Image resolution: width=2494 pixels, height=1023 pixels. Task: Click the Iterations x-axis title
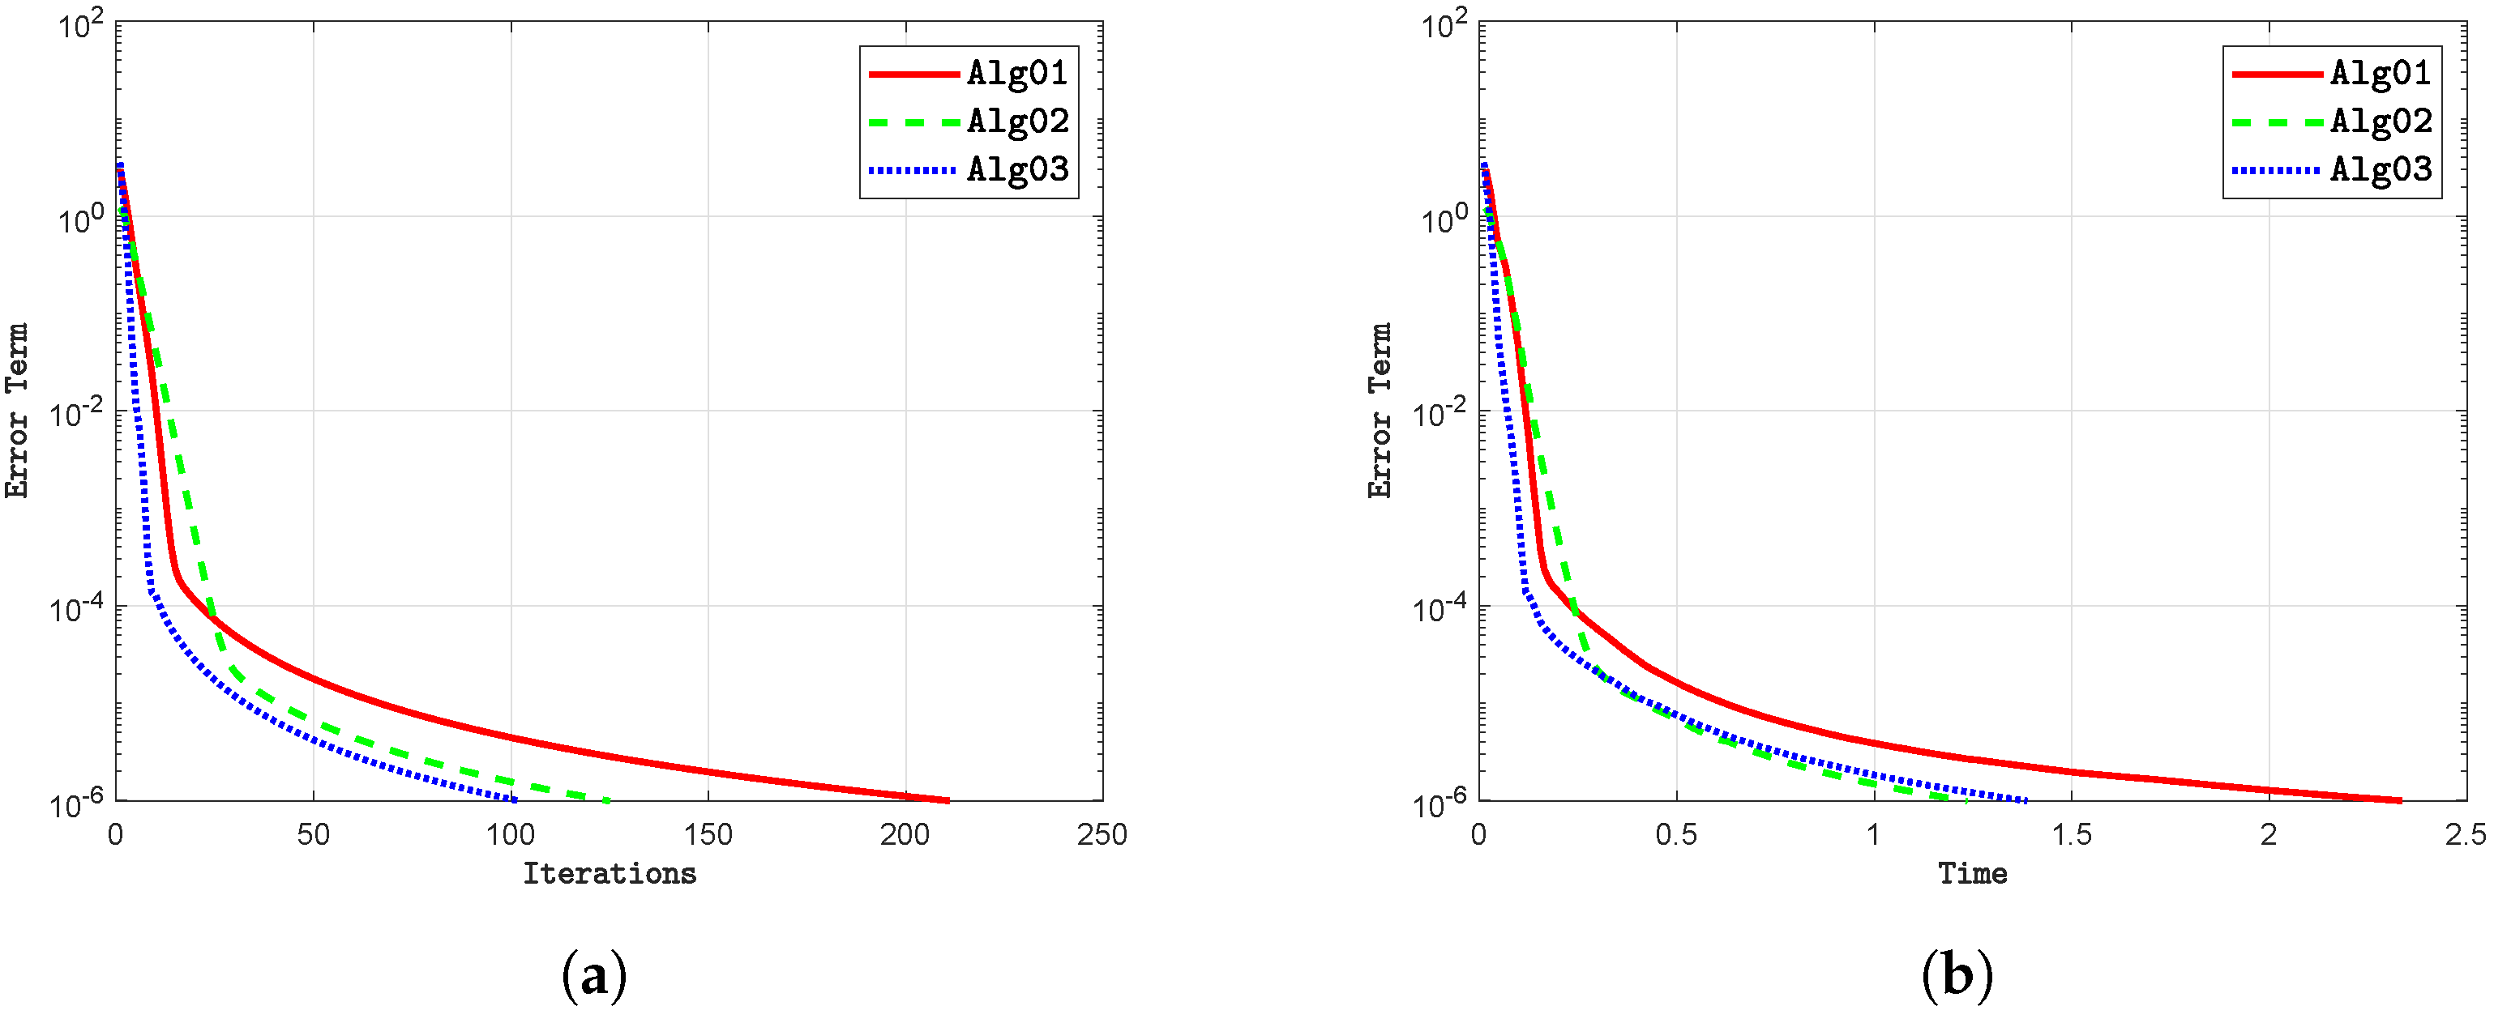click(x=610, y=874)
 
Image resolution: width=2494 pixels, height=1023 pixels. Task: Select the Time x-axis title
click(x=1972, y=874)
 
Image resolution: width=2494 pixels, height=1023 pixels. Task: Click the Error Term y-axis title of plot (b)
click(x=1380, y=411)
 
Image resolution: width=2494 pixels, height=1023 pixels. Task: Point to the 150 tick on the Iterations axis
click(x=708, y=834)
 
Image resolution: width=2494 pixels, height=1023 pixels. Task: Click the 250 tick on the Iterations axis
click(x=1102, y=834)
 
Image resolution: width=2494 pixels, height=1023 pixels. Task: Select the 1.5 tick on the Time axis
click(x=2072, y=834)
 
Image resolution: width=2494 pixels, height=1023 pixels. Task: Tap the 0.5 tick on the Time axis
click(x=1676, y=834)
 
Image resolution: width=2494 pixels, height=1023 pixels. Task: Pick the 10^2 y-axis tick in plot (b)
click(x=1444, y=25)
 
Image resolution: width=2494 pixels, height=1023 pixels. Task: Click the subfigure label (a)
click(x=594, y=975)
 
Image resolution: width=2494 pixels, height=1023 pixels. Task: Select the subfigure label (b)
click(x=1957, y=975)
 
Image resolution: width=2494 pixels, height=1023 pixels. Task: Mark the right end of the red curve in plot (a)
click(x=948, y=800)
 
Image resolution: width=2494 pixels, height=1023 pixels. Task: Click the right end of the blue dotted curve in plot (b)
click(x=2026, y=800)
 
